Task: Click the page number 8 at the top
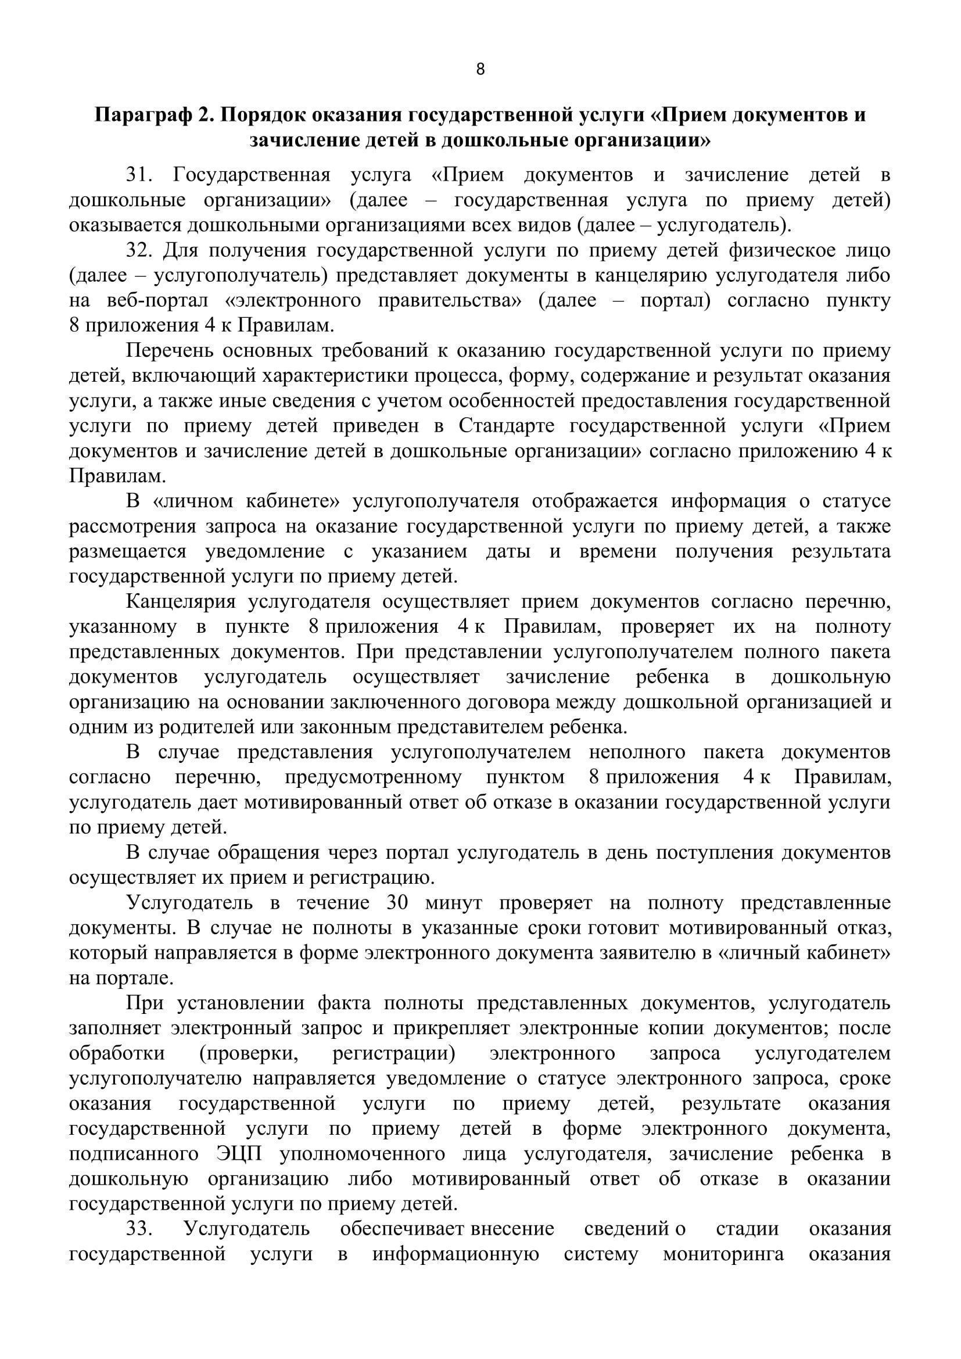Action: (480, 70)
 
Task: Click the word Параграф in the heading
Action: (142, 115)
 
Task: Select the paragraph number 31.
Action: (138, 175)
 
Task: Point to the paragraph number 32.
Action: (138, 251)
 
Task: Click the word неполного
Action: (637, 752)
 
